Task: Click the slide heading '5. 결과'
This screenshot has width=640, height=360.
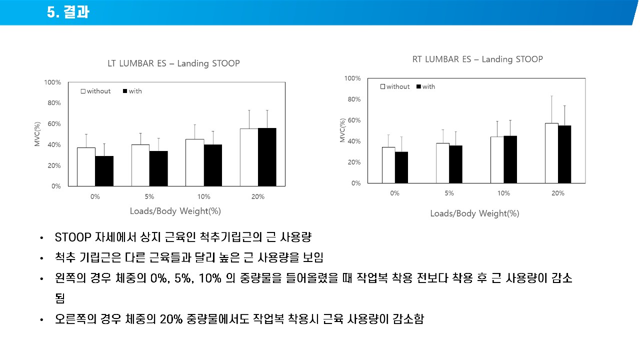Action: coord(68,12)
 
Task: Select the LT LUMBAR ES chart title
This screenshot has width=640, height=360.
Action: coord(173,63)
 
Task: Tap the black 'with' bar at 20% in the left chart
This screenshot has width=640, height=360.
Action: coord(267,157)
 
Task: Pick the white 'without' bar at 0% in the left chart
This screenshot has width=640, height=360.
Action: coord(86,166)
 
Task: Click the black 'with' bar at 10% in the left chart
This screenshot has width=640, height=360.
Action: coord(212,165)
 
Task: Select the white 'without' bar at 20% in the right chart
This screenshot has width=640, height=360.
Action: coord(551,153)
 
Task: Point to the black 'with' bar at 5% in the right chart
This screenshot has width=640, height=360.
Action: coord(455,164)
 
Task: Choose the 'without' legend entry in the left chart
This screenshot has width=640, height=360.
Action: coord(96,91)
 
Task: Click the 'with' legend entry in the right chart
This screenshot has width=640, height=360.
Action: coord(425,86)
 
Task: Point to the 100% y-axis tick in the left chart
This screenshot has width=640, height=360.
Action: coord(52,82)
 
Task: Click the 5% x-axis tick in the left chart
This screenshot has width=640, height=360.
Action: coord(149,197)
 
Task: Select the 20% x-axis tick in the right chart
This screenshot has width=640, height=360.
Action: coord(558,193)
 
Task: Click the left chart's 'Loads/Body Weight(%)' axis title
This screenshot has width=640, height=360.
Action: coord(175,211)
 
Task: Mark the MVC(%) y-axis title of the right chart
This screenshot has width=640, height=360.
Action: coord(342,130)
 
